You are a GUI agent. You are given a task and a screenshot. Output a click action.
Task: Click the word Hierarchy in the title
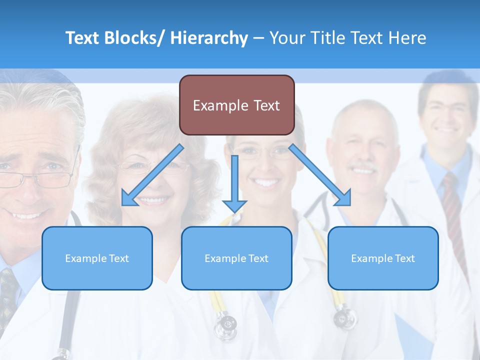click(x=209, y=38)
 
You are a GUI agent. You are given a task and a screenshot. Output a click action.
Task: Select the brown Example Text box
click(x=236, y=105)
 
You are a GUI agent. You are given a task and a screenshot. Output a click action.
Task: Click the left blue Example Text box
click(x=97, y=258)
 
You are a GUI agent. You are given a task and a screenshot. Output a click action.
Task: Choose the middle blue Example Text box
click(x=236, y=258)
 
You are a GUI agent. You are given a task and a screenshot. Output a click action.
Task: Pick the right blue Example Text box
click(x=383, y=258)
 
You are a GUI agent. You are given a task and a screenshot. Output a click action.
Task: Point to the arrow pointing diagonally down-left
click(x=152, y=175)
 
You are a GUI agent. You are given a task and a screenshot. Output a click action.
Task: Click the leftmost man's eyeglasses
click(x=37, y=177)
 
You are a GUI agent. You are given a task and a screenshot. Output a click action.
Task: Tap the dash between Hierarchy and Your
click(x=258, y=38)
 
